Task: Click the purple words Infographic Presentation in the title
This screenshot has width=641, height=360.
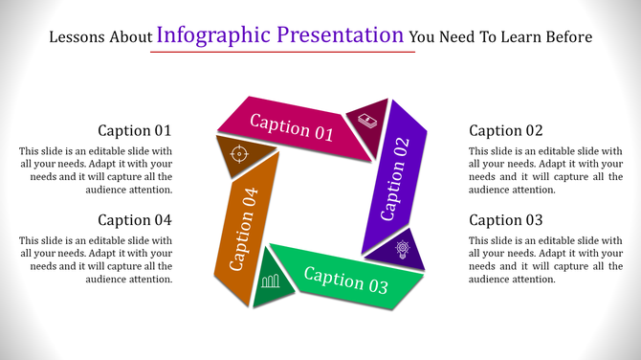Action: coord(279,36)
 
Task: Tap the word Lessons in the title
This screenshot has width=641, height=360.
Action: coord(75,38)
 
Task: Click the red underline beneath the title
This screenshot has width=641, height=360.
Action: coord(282,52)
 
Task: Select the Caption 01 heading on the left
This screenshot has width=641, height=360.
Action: coord(135,130)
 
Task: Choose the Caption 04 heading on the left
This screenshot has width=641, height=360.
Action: coord(135,220)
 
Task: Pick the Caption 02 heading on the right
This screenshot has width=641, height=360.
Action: coord(506,130)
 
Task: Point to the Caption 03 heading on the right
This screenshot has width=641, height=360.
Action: coord(506,220)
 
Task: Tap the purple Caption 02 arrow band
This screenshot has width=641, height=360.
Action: coord(395,178)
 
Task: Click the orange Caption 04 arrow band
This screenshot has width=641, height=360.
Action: coord(244,229)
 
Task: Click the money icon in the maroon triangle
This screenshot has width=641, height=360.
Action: coord(368,120)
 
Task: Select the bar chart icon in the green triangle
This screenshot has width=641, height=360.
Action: coord(271,281)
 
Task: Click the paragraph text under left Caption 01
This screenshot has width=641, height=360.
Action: coord(96,170)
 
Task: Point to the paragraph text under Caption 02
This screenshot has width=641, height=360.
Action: coord(545,170)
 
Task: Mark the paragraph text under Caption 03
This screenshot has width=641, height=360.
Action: coord(545,260)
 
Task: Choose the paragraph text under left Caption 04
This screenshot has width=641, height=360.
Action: coord(96,260)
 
